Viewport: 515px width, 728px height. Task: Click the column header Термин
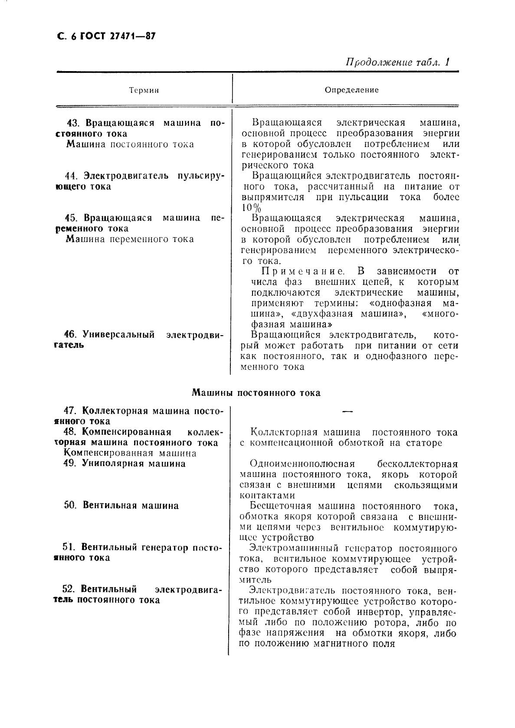tap(144, 90)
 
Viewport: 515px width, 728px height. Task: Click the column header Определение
tap(351, 90)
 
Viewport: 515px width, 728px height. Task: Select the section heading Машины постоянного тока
tap(256, 393)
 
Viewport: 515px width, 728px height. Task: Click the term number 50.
tap(70, 506)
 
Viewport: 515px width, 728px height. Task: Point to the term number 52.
tap(69, 589)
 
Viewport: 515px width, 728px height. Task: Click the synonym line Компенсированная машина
tap(130, 453)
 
